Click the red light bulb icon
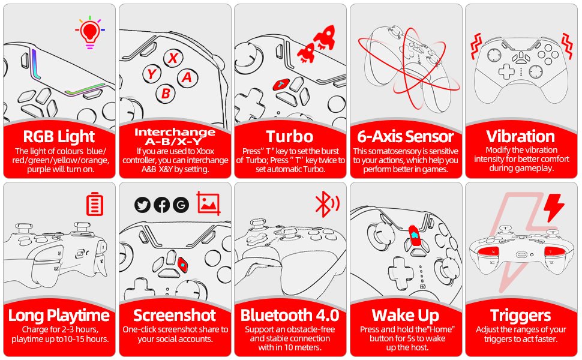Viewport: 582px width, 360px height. coord(89,32)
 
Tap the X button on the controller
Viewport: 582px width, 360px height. coord(173,58)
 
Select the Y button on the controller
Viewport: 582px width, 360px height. coord(152,74)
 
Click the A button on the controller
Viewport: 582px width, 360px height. coord(187,77)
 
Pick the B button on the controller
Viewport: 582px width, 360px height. coord(166,94)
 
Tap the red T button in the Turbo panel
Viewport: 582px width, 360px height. coord(282,84)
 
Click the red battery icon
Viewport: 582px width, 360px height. coord(94,204)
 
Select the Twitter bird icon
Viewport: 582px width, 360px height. coord(142,205)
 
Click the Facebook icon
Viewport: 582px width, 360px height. coord(161,205)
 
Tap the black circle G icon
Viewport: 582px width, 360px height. coord(181,205)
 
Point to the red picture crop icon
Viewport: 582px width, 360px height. coord(208,203)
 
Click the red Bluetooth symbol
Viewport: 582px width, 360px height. coord(326,204)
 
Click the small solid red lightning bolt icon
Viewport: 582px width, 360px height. coord(553,207)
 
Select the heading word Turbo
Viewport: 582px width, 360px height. coord(290,137)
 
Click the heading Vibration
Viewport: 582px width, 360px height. coord(520,136)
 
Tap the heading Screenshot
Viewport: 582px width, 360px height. coord(175,316)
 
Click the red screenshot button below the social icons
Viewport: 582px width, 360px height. coord(182,265)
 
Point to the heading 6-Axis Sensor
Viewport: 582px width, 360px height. coord(406,137)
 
